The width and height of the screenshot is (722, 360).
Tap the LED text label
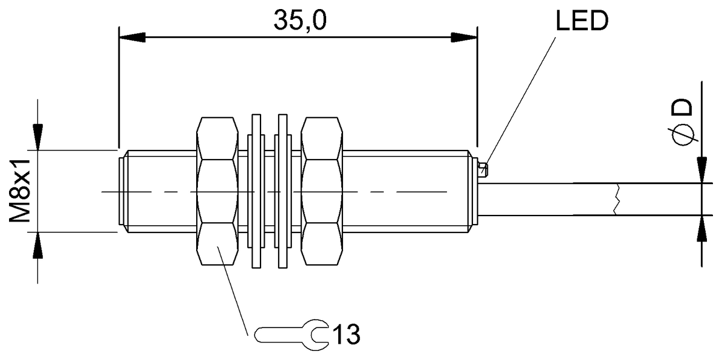[x=581, y=22]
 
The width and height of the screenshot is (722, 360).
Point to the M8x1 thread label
[x=20, y=191]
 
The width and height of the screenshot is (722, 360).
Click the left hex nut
[x=218, y=191]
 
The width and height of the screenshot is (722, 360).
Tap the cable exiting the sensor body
[x=541, y=198]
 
